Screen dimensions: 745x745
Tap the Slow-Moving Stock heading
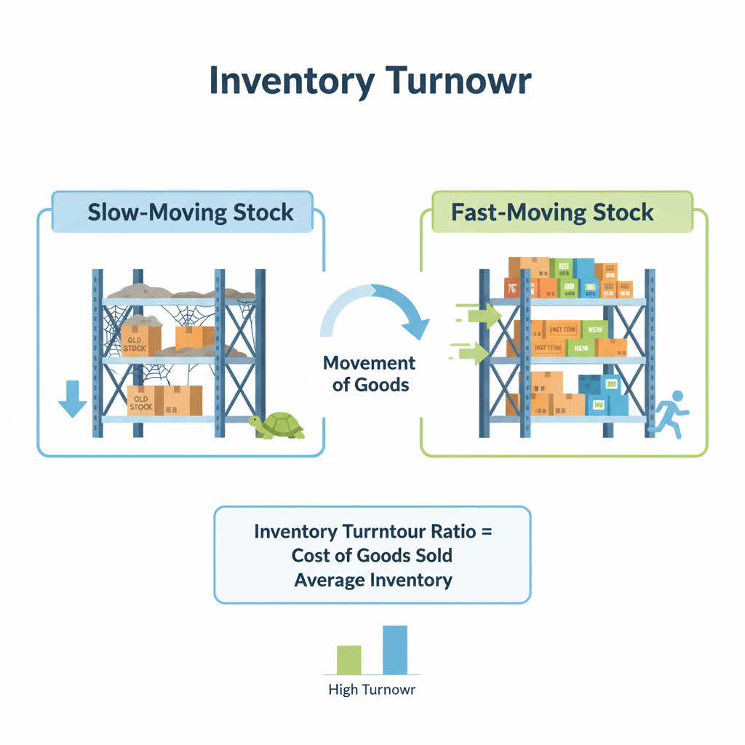191,212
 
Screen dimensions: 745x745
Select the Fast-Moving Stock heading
552,212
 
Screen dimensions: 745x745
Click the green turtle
278,426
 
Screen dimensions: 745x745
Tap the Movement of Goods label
370,373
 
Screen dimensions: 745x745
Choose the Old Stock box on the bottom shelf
144,401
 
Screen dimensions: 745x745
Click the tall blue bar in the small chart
395,650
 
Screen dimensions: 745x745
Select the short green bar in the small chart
348,659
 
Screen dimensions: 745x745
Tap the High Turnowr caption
372,690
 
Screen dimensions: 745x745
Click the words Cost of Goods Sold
372,556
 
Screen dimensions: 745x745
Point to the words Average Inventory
372,580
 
